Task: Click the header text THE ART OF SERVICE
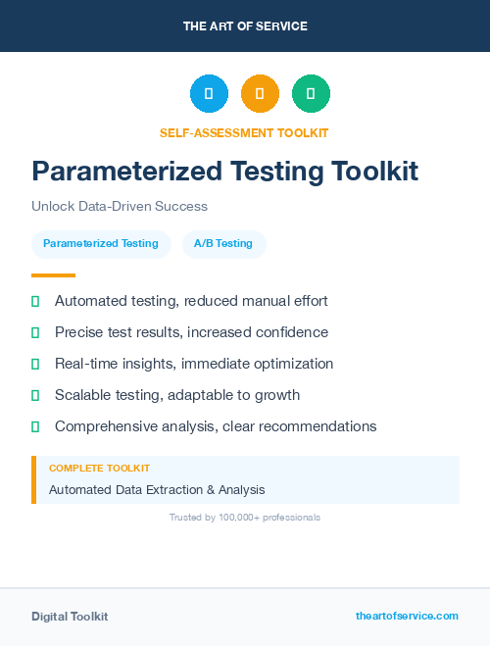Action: tap(245, 26)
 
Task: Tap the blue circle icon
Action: tap(209, 94)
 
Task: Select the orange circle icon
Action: tap(260, 94)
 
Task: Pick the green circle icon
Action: tap(311, 94)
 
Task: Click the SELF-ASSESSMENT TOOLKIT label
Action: tap(244, 132)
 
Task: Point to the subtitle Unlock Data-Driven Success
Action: tap(120, 207)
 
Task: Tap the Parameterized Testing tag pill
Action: tap(101, 243)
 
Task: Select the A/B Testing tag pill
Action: tap(223, 243)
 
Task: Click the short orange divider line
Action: tap(53, 275)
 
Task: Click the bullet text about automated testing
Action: tap(191, 301)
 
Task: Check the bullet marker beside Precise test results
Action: tap(35, 333)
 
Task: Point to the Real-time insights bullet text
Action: tap(194, 364)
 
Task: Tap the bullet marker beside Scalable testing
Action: tap(35, 396)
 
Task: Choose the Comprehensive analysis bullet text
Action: tap(216, 426)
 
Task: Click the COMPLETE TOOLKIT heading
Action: tap(100, 469)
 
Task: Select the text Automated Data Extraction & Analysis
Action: tap(157, 489)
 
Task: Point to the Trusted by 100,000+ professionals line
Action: tap(245, 518)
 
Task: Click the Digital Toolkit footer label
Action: tap(70, 617)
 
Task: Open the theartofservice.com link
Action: tap(407, 616)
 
